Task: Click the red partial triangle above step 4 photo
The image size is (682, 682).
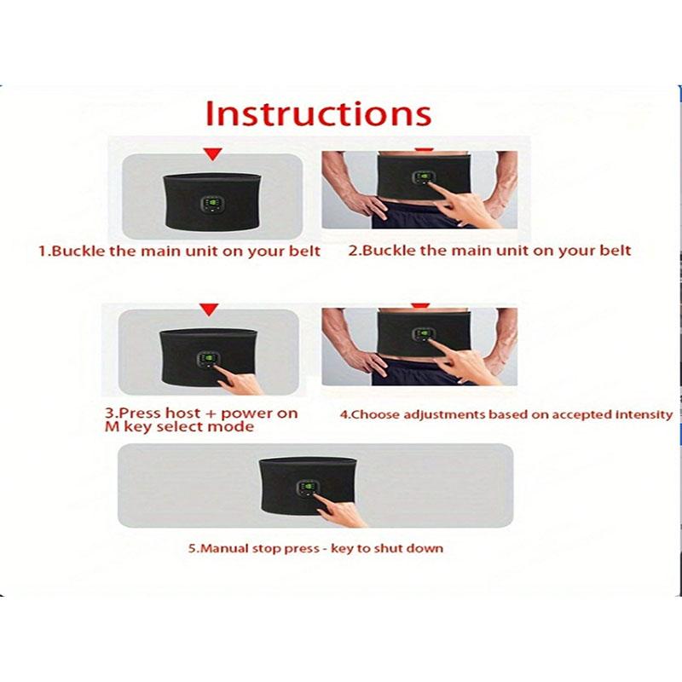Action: click(x=417, y=305)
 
